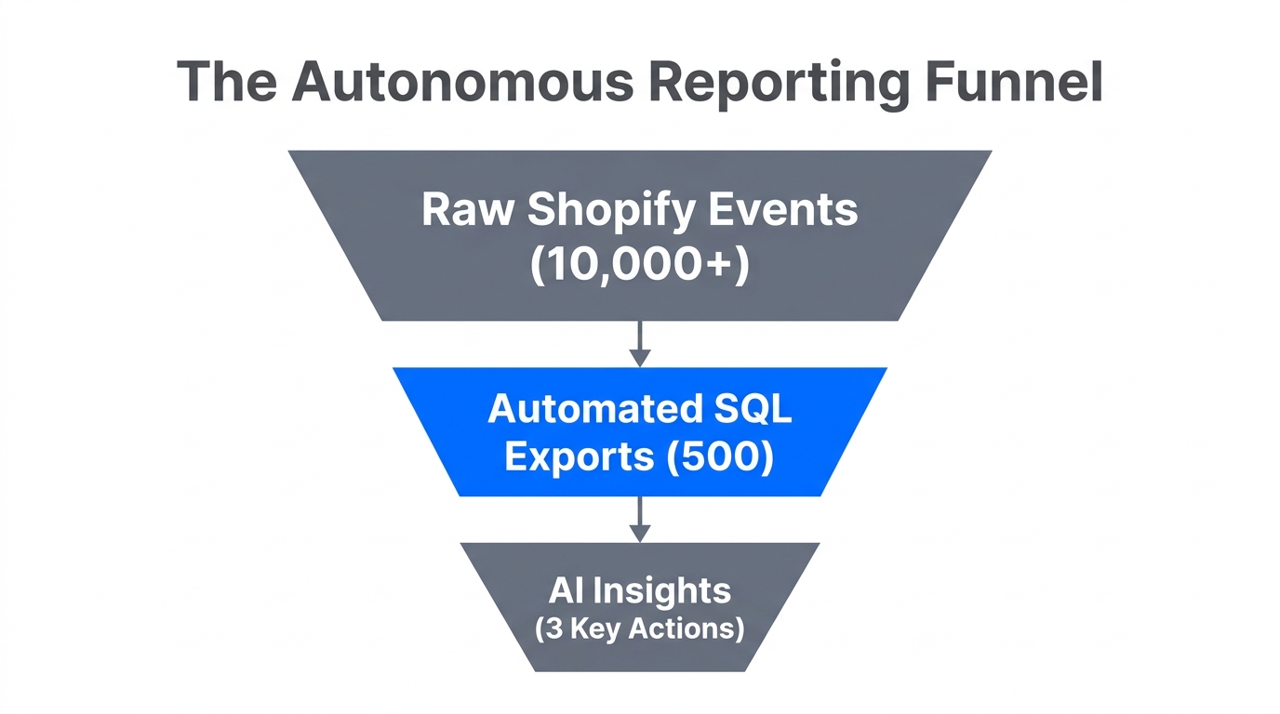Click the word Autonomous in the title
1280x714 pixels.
[x=462, y=82]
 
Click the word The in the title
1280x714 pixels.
[x=227, y=82]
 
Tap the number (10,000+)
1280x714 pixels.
[x=639, y=266]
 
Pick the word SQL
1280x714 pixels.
[x=753, y=409]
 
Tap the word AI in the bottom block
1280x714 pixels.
[x=566, y=590]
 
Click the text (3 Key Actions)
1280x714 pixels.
[x=639, y=629]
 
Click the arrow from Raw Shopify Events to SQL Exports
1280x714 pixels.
[x=639, y=344]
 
